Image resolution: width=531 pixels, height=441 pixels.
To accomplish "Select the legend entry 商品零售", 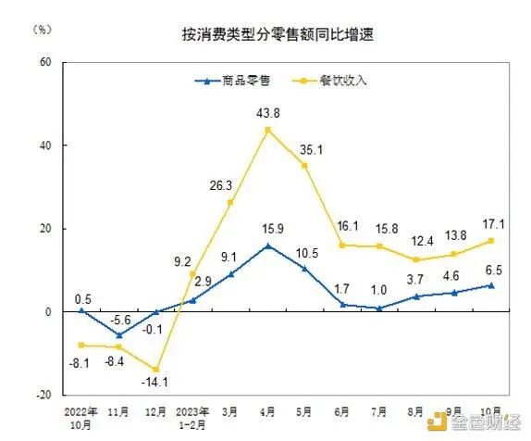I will pyautogui.click(x=237, y=81).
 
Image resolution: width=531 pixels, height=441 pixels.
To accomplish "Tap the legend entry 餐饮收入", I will pyautogui.click(x=337, y=81).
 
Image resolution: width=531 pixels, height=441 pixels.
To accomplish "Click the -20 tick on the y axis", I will pyautogui.click(x=41, y=395).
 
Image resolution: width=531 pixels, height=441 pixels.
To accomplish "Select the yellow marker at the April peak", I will pyautogui.click(x=268, y=130).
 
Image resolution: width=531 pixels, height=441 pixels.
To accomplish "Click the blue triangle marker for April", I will pyautogui.click(x=268, y=246).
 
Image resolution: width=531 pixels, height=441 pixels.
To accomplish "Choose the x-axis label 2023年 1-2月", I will pyautogui.click(x=193, y=413).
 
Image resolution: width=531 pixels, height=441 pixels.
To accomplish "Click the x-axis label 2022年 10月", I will pyautogui.click(x=80, y=413).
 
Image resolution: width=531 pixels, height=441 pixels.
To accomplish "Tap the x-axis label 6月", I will pyautogui.click(x=344, y=409).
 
